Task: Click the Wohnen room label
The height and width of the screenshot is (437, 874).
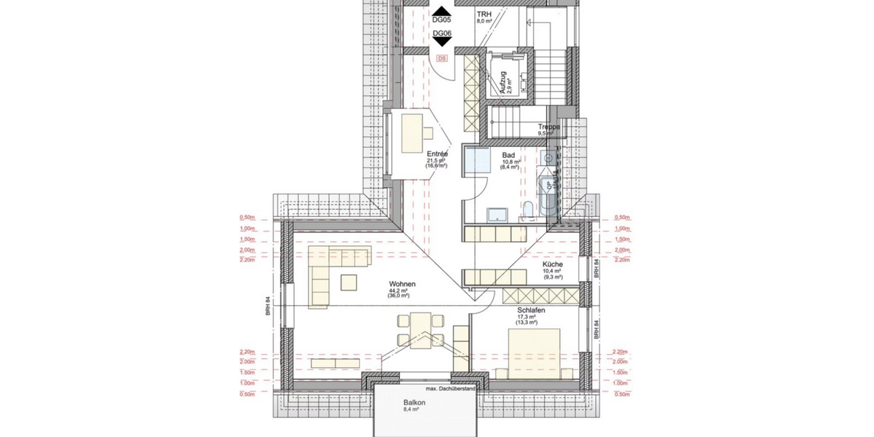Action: tap(402, 284)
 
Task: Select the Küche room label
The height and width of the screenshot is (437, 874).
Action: tap(552, 264)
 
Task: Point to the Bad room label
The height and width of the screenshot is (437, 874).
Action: tap(508, 154)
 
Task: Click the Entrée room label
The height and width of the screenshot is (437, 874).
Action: tap(437, 154)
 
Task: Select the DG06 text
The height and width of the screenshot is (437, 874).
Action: tap(441, 34)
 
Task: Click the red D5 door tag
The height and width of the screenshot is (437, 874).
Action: tap(441, 58)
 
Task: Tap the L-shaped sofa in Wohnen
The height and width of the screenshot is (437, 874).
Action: tap(328, 269)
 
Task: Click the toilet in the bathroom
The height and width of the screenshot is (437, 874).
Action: tap(526, 211)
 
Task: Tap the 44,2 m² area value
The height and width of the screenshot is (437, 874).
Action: tap(398, 291)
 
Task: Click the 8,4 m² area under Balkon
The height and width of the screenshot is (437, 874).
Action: tap(413, 410)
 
